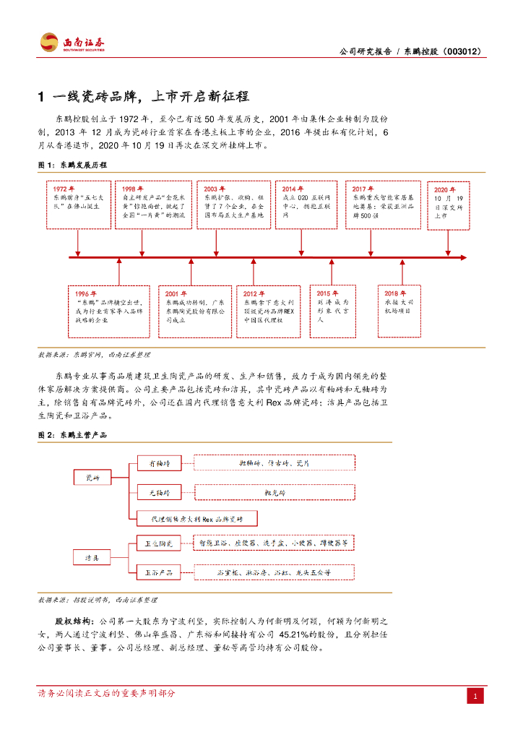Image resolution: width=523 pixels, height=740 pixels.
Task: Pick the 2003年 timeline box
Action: click(x=233, y=205)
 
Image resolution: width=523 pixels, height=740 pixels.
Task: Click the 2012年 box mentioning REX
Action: click(x=268, y=310)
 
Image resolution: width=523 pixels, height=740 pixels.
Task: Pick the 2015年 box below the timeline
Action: click(x=333, y=310)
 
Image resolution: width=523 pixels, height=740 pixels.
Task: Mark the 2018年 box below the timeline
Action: click(x=399, y=306)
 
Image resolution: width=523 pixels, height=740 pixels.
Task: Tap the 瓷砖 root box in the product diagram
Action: click(x=92, y=478)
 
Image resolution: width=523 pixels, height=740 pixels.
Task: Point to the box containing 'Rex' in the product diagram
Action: click(x=196, y=519)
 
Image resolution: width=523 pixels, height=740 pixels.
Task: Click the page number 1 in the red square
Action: click(x=475, y=697)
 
